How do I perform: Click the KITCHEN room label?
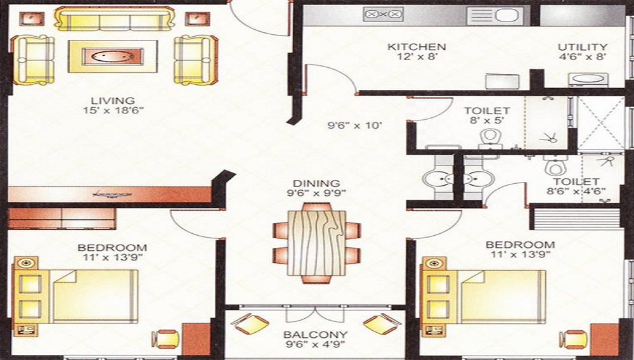(x=417, y=47)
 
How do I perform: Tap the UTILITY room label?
(x=583, y=47)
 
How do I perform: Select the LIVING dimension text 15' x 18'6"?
(x=113, y=110)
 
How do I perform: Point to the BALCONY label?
(x=315, y=335)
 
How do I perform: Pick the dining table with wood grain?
(x=316, y=243)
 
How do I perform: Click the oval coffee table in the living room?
(x=113, y=56)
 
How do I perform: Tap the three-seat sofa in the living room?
(x=114, y=18)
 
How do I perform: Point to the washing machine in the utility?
(x=588, y=80)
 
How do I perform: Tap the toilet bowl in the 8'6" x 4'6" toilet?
(x=555, y=165)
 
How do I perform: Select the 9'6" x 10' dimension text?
(x=354, y=125)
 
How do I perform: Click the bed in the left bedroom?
(x=76, y=296)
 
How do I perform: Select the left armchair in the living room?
(x=33, y=60)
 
